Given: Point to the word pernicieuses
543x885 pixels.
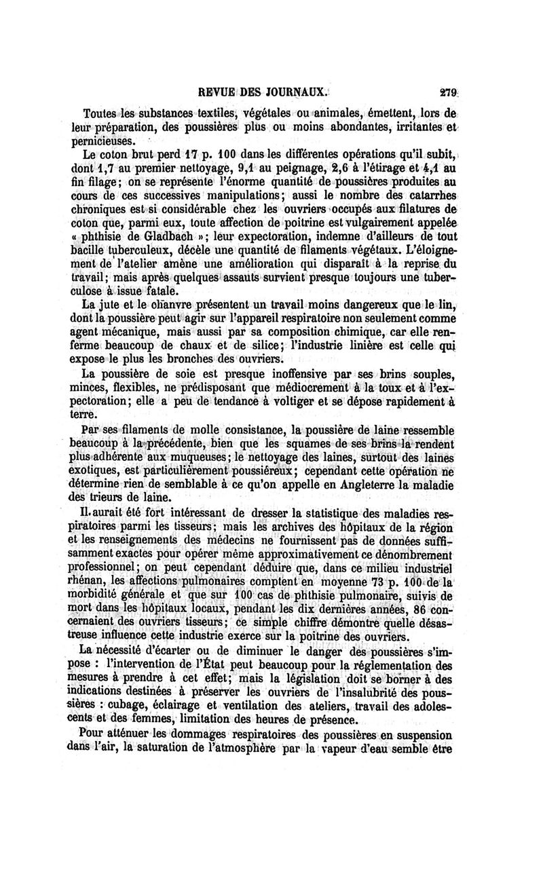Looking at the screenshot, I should [113, 141].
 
